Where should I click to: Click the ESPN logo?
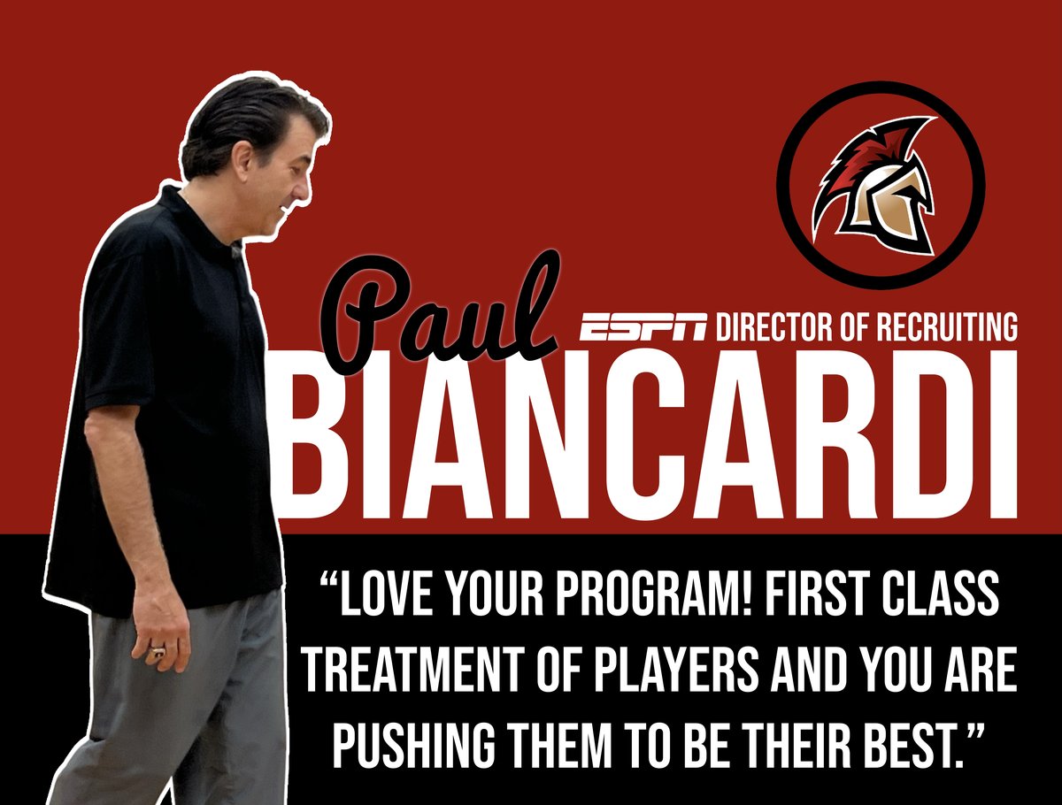[643, 327]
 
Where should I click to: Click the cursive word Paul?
[442, 309]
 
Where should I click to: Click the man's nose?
[305, 190]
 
